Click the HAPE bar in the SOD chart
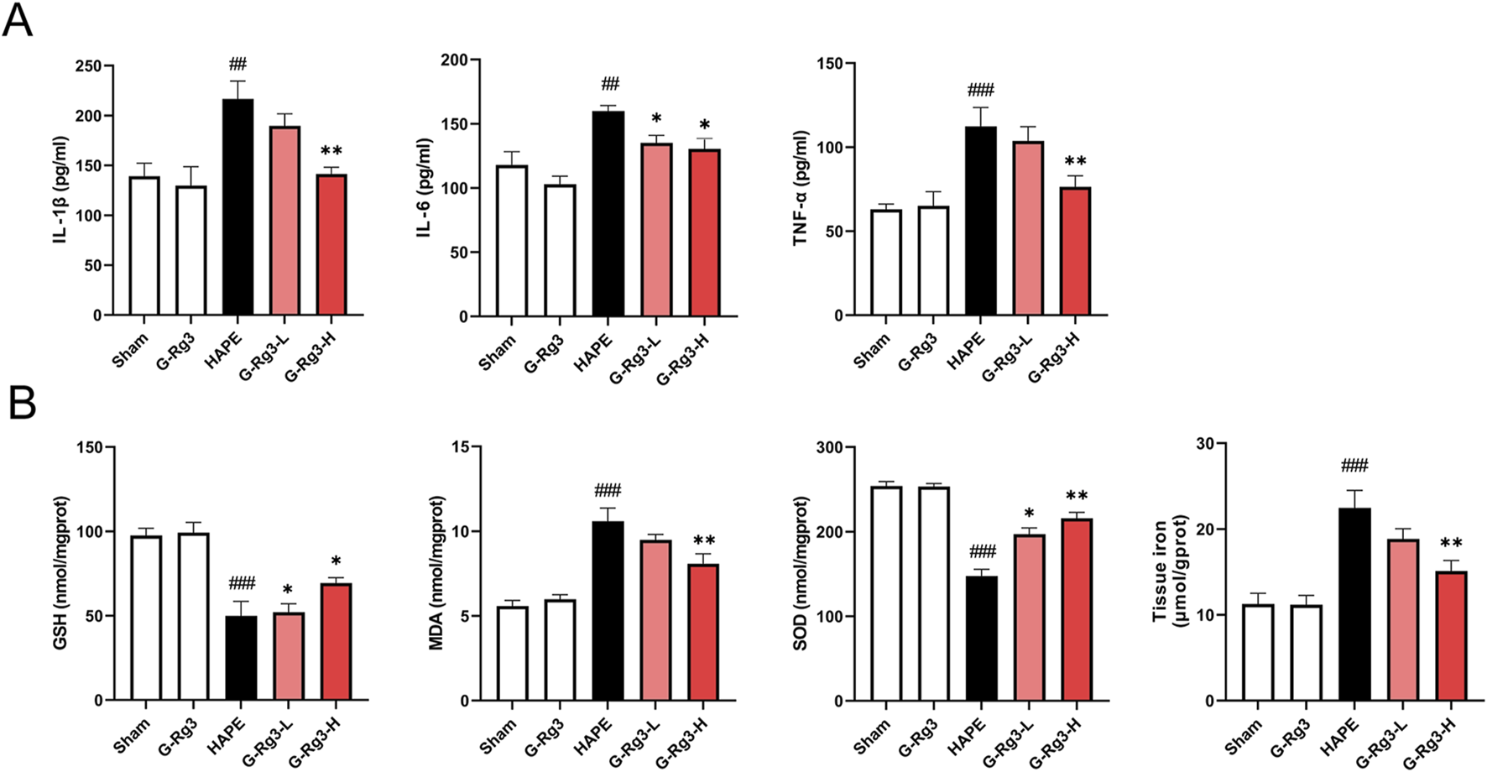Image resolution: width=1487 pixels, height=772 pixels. tap(982, 638)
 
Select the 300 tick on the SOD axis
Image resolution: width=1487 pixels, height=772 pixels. tap(830, 447)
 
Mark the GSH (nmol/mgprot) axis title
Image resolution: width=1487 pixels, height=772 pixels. tap(60, 572)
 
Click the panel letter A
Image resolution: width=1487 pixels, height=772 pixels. tap(18, 20)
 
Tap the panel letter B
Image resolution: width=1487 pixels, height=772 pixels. tap(22, 403)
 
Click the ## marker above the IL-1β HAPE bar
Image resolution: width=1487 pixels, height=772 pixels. tap(237, 65)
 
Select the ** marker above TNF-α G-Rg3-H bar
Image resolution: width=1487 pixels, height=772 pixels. tap(1075, 162)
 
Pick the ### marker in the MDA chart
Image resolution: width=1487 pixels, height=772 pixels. tap(608, 491)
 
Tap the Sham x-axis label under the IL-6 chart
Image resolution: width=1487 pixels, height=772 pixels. tap(497, 352)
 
